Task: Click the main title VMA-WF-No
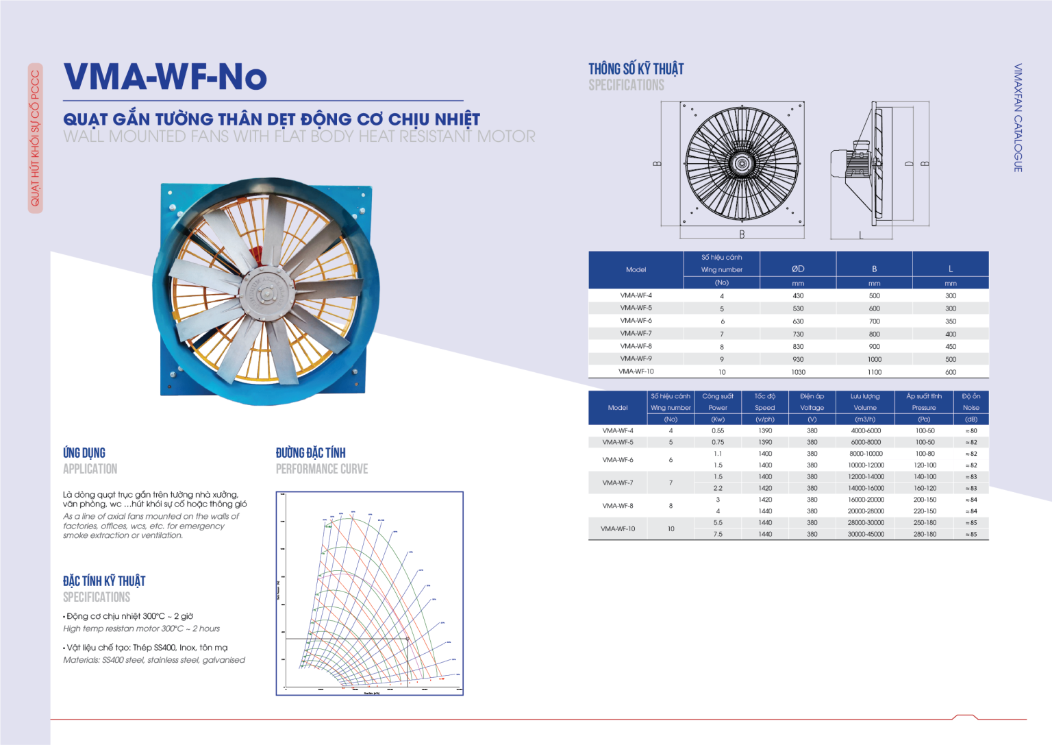165,77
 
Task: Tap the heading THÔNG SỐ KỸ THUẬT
636,69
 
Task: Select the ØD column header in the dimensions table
798,269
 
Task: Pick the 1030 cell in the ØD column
798,372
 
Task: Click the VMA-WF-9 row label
636,358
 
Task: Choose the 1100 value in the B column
875,372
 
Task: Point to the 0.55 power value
717,431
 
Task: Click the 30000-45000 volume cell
866,534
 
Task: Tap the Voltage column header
812,408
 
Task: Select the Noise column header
970,408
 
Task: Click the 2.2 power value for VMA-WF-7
717,488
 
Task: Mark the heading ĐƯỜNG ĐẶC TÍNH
310,453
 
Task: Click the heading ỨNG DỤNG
84,453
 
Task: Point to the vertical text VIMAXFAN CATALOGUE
1018,117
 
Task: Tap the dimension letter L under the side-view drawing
861,235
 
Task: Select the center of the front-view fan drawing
741,164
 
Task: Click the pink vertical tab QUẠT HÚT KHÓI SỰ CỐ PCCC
35,138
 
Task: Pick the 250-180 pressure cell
924,522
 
